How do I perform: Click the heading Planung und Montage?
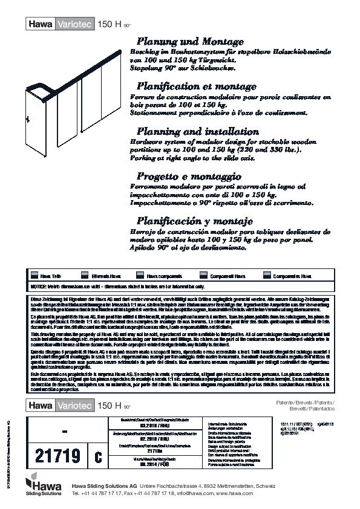[x=191, y=42]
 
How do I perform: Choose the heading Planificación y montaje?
[x=197, y=220]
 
